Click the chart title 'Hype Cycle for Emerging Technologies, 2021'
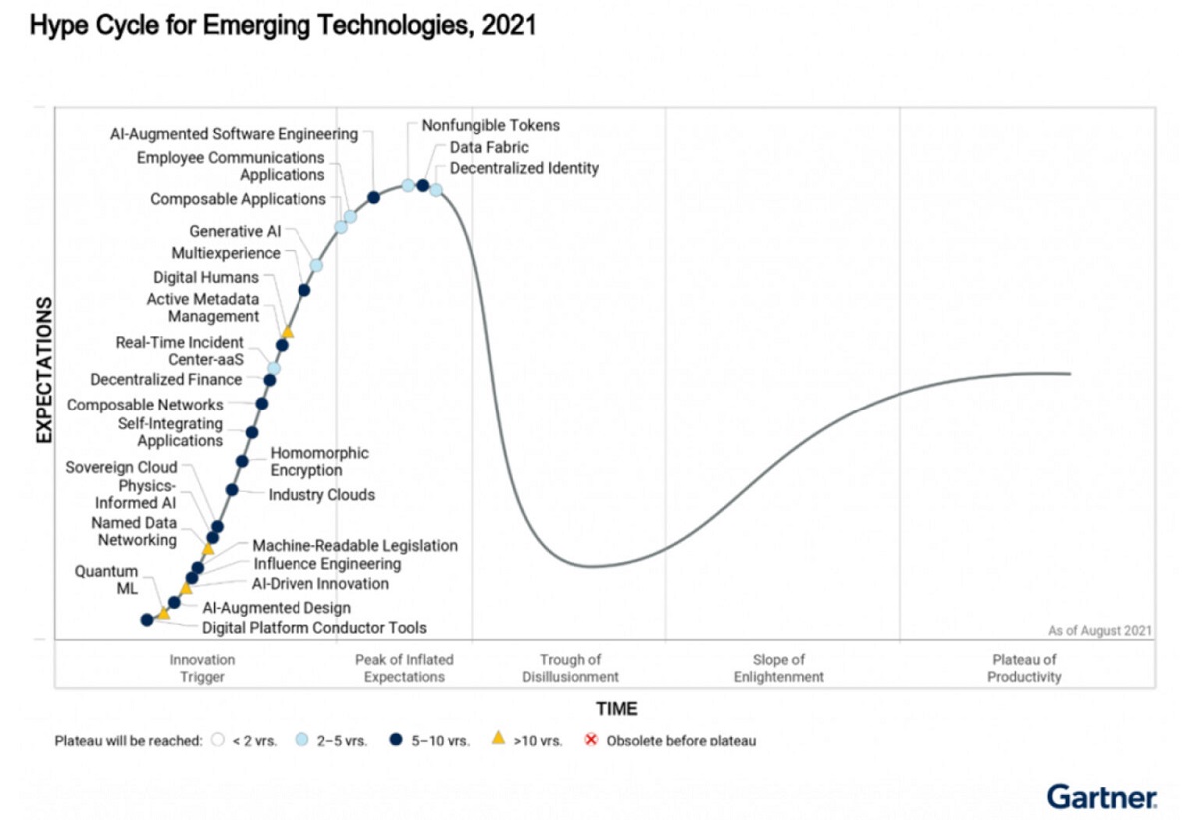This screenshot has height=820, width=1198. point(284,26)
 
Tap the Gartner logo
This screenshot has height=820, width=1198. point(1102,796)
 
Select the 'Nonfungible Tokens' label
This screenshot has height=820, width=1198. point(490,126)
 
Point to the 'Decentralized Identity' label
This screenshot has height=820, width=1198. point(524,168)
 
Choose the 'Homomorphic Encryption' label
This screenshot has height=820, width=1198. point(319,461)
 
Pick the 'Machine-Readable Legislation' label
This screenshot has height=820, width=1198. point(354,545)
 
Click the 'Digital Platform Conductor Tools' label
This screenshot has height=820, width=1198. point(314,628)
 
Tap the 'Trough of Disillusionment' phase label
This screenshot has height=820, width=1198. point(570,668)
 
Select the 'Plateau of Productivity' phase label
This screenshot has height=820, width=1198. point(1024,668)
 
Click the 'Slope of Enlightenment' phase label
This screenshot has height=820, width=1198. point(778,668)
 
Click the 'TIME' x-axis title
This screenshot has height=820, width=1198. point(616,709)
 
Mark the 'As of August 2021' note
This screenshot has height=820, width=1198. point(1099,630)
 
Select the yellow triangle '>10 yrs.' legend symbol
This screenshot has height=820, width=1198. point(497,739)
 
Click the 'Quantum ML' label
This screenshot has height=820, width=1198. point(105,580)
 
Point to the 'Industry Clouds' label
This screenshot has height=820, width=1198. point(321,495)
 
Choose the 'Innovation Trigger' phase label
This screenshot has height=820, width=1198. point(202,668)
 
